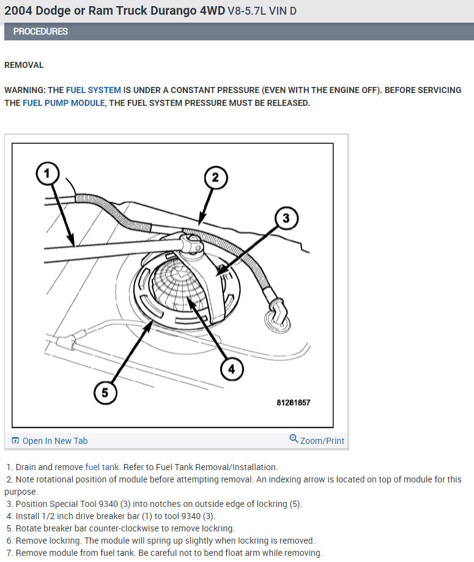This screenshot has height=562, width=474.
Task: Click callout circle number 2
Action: pos(215,178)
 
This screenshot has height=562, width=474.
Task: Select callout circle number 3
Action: pos(285,217)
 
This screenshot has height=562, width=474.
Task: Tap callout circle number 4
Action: pos(231,369)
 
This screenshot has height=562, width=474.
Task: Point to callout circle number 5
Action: pos(105,392)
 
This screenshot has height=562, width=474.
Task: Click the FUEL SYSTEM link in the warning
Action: pos(94,90)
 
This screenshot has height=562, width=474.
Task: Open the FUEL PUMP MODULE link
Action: pos(64,103)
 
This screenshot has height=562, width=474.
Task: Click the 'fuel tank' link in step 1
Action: pos(102,467)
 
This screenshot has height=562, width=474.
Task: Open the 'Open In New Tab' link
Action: pos(54,441)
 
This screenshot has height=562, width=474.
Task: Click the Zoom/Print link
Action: pos(322,441)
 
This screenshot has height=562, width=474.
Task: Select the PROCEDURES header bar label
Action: pos(40,31)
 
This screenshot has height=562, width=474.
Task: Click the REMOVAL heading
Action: pos(24,65)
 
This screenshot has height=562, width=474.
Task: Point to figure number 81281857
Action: pos(293,403)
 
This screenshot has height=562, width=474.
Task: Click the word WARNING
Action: pos(24,90)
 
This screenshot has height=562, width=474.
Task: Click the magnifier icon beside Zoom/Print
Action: pos(294,440)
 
